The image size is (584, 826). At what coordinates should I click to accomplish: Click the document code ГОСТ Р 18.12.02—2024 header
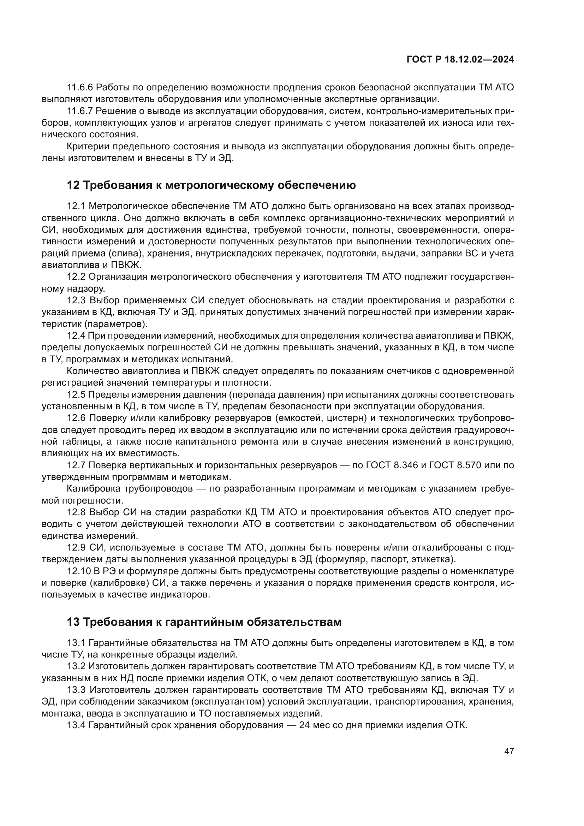460,59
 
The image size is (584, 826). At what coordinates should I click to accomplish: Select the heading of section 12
211,185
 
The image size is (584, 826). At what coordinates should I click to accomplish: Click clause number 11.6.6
80,88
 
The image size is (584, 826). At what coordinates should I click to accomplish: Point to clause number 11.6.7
80,111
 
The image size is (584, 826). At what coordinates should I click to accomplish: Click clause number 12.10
78,571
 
